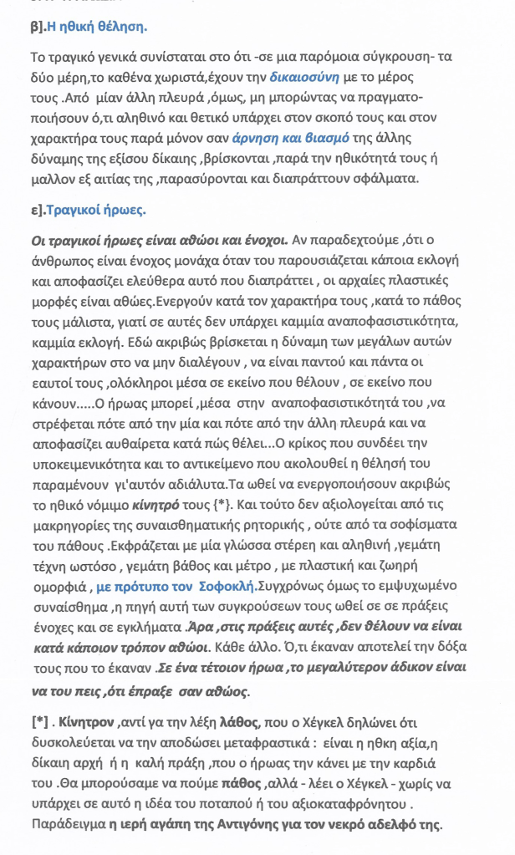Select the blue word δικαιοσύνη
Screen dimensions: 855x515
(x=307, y=78)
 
